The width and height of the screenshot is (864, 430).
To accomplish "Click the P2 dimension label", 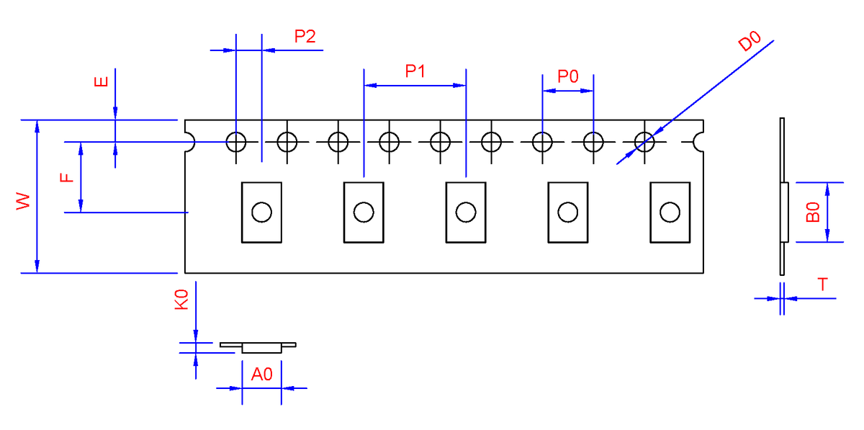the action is point(305,36).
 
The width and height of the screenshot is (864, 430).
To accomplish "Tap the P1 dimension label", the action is point(415,71).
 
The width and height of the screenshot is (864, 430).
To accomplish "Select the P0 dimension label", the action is point(568,76).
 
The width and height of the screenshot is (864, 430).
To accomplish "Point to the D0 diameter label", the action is point(750,40).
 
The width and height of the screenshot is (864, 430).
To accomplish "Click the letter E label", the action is point(101,81).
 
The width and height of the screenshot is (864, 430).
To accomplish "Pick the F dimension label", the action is point(67,178).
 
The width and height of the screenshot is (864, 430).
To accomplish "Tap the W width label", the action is point(23,201).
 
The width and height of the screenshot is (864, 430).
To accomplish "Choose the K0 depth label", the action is point(181,300).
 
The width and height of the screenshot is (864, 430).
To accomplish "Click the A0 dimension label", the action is point(261,374).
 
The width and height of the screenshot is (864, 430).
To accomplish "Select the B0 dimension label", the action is point(813,212).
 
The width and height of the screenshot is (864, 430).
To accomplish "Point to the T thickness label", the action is point(822,285).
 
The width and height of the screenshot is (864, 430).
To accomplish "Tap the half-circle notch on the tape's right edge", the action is point(693,142).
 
